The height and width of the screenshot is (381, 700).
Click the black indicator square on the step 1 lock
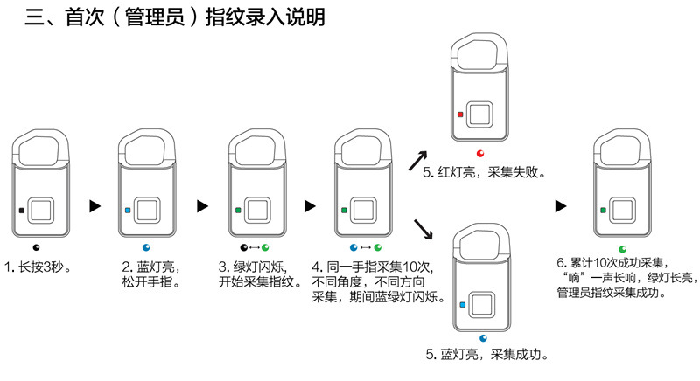pyautogui.click(x=21, y=211)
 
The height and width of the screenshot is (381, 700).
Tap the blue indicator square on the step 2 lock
pyautogui.click(x=128, y=211)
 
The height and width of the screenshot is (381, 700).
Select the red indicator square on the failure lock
pyautogui.click(x=461, y=114)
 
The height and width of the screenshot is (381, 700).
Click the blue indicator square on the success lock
pyautogui.click(x=463, y=305)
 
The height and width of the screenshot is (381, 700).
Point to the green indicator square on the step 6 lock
pyautogui.click(x=604, y=211)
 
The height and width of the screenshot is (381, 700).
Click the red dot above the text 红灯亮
pyautogui.click(x=480, y=154)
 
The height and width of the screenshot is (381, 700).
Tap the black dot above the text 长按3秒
pyautogui.click(x=36, y=247)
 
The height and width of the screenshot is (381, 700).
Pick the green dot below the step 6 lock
pyautogui.click(x=623, y=249)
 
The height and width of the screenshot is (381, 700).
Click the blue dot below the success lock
pyautogui.click(x=483, y=338)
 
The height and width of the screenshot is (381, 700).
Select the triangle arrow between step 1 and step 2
pyautogui.click(x=95, y=206)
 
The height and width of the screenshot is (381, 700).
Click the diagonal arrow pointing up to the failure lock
pyautogui.click(x=418, y=161)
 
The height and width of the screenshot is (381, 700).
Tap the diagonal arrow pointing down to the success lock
pyautogui.click(x=423, y=229)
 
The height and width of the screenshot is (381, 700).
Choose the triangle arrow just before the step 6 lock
pyautogui.click(x=561, y=206)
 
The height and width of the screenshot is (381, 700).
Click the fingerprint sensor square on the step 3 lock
pyautogui.click(x=257, y=211)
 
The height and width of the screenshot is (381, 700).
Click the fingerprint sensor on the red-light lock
pyautogui.click(x=479, y=114)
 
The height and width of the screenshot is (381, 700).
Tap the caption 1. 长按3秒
pyautogui.click(x=38, y=267)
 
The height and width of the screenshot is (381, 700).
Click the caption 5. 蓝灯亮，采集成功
pyautogui.click(x=487, y=355)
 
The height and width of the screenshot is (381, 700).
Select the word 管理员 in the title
pyautogui.click(x=155, y=17)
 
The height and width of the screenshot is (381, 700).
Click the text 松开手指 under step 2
pyautogui.click(x=150, y=282)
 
